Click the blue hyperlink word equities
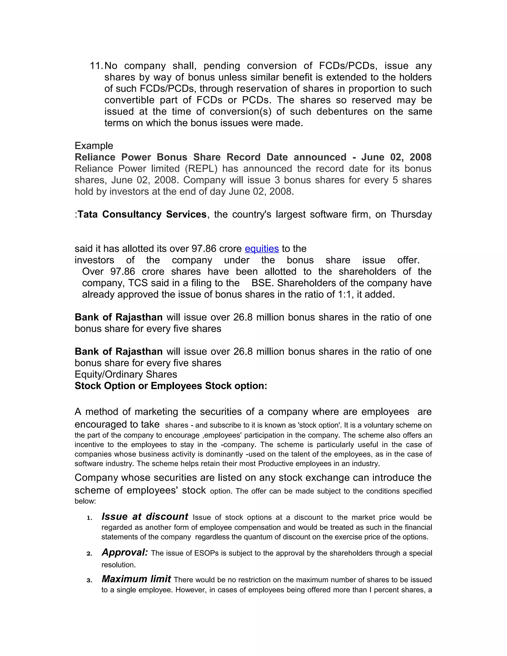(x=262, y=249)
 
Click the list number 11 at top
(x=96, y=66)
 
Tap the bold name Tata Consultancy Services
(x=142, y=214)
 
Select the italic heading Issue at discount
(x=145, y=517)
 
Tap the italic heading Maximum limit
(x=136, y=579)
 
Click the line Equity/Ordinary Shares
(x=126, y=375)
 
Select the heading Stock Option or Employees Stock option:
(x=171, y=386)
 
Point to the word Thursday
(x=411, y=214)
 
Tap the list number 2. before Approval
(x=89, y=554)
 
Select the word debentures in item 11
(x=342, y=112)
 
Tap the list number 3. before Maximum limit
(x=89, y=580)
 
